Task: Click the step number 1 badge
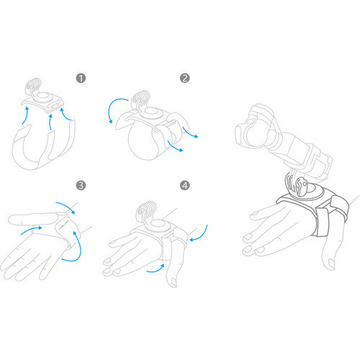point(81,78)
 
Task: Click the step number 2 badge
point(184,78)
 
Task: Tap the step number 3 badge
point(81,185)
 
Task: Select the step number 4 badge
point(184,185)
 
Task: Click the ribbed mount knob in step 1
point(34,85)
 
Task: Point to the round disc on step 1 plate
point(43,96)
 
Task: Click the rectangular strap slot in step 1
point(55,106)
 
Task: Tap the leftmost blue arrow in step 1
point(24,116)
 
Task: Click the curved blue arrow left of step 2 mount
point(115,108)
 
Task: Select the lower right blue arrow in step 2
point(175,147)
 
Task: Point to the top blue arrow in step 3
point(66,207)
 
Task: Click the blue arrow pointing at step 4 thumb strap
point(156,269)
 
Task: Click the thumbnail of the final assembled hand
point(331,264)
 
